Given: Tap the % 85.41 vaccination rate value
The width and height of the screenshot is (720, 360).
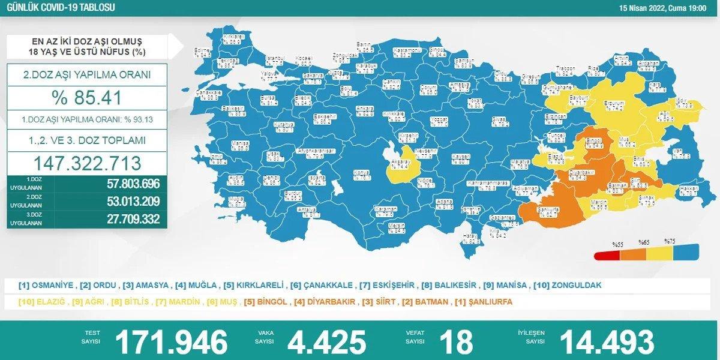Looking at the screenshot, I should pyautogui.click(x=86, y=98).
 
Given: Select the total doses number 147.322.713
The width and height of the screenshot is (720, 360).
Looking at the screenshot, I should pyautogui.click(x=86, y=163).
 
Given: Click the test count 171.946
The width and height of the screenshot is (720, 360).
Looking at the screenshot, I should pyautogui.click(x=172, y=341).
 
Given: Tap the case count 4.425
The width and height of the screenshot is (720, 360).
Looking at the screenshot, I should pyautogui.click(x=326, y=341).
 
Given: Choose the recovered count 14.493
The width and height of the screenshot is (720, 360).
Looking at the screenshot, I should pyautogui.click(x=607, y=341).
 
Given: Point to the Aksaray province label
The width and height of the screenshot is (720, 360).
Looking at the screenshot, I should pyautogui.click(x=401, y=164).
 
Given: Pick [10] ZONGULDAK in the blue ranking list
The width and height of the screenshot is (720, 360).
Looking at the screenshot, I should pyautogui.click(x=568, y=285).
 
